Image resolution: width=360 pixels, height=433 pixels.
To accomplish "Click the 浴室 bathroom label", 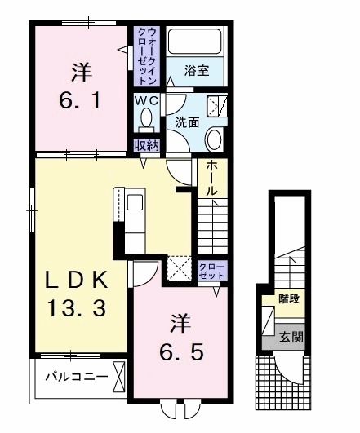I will coord(196,71).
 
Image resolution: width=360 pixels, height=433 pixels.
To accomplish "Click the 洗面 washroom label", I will coord(187,123).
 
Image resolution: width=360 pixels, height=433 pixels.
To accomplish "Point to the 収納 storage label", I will coord(146,147).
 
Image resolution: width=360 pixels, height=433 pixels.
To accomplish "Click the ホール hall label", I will coord(210,176).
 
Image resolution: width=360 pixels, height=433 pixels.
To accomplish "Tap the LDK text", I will coord(75,280).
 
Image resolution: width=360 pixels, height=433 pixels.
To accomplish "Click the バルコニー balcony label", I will coord(67,377).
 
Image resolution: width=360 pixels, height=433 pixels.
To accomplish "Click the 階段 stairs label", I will coord(288,299).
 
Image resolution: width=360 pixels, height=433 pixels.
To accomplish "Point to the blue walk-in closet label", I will coord(146,56).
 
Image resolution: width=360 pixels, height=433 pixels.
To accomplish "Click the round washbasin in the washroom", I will coord(214,139).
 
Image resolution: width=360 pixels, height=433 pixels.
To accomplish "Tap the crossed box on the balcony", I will coord(118,377).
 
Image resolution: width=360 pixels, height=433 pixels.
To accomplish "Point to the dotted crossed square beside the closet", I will coord(178,268).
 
